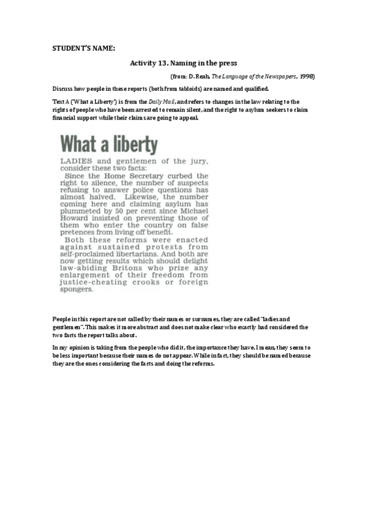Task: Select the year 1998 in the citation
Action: click(x=307, y=76)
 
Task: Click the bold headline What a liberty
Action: click(x=110, y=145)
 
